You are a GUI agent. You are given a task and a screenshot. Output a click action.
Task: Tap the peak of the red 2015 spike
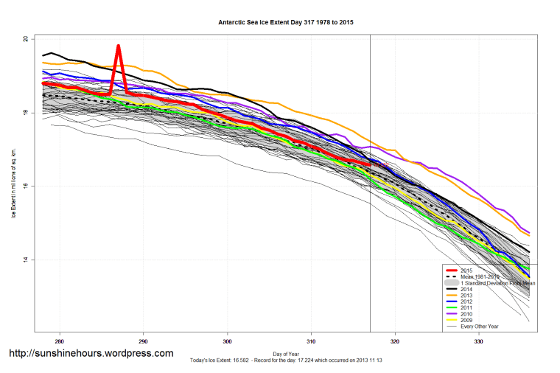point(118,46)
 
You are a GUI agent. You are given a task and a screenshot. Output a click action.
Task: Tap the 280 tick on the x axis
point(59,341)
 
